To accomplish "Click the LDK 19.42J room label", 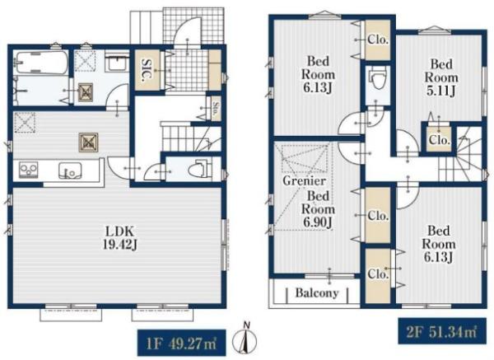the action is point(120,238).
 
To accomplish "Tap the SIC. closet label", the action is point(147,70).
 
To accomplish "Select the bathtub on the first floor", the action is point(41,63).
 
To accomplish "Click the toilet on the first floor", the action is point(199,169).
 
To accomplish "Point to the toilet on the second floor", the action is point(377,79).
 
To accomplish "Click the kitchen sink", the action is point(70,171).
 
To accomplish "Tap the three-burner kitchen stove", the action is point(29,170).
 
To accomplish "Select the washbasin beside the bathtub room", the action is point(117,63).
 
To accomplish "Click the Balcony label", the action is point(317,293).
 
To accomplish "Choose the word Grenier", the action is point(304,180).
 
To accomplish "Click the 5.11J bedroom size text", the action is point(440,91).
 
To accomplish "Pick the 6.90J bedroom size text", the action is point(318,222).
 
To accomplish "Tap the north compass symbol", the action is point(245,339).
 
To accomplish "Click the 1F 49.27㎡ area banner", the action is point(181,343).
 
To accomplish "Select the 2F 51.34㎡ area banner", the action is point(442,332).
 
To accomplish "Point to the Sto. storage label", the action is point(216,107).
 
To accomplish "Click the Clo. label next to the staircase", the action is point(439,140).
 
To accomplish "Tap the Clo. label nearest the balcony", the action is point(378,274).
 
